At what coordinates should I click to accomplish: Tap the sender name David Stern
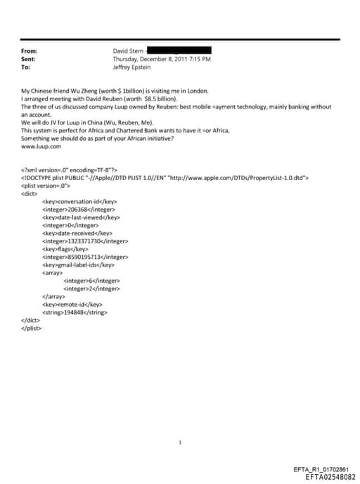point(129,51)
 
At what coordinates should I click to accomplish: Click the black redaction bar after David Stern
point(179,51)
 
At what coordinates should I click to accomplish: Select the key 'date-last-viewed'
point(83,217)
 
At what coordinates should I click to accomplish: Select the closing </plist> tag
point(32,328)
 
